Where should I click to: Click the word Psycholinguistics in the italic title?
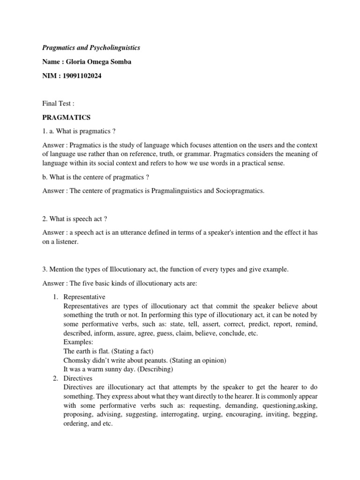tap(112, 48)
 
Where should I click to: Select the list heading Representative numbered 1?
tap(84, 297)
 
